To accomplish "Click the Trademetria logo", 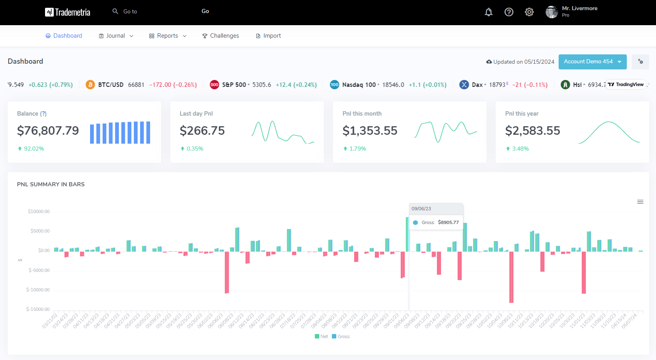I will click(67, 12).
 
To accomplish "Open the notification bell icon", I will click(488, 12).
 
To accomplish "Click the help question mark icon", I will click(509, 12).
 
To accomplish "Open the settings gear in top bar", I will click(529, 12).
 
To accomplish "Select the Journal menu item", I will click(116, 36).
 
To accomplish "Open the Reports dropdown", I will click(168, 36).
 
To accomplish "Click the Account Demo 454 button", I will click(592, 62).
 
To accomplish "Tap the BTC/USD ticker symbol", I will click(110, 85).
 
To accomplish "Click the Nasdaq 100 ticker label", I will click(359, 85).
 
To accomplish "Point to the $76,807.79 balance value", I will click(48, 131).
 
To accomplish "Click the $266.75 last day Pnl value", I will click(202, 131).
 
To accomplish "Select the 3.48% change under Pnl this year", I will click(520, 149).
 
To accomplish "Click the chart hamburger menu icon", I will click(640, 202).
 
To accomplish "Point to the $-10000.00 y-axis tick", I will click(38, 290).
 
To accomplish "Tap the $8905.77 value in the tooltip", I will click(448, 222).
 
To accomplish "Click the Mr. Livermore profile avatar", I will click(551, 12).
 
